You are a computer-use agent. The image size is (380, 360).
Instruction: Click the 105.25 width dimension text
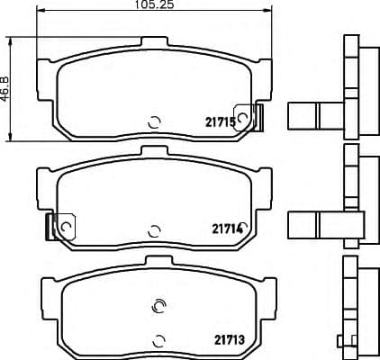coord(153,5)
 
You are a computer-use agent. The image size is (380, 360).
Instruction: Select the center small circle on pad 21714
coord(154,229)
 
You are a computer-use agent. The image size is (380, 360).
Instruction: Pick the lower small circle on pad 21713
coord(160,338)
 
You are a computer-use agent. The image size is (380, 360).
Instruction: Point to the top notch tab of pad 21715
coord(154,41)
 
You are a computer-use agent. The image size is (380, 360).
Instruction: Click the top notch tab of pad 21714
coord(154,149)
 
